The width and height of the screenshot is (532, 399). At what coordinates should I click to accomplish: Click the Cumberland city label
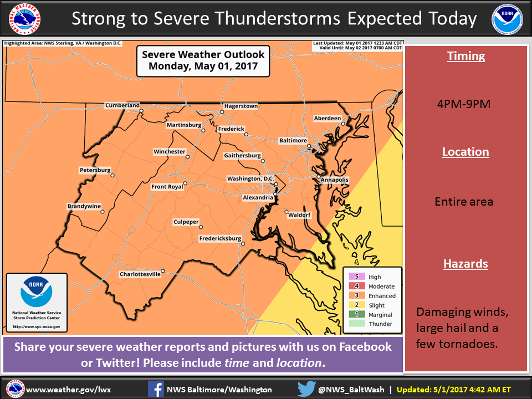coord(122,105)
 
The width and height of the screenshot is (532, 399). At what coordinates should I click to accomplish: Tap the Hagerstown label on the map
coord(241,106)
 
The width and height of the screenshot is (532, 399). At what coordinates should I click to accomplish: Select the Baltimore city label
coord(293,141)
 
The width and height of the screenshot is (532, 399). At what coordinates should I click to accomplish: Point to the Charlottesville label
coord(140,274)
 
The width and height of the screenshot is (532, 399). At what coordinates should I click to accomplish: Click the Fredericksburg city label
coord(220,239)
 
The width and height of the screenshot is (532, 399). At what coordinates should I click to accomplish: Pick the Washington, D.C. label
coord(250,178)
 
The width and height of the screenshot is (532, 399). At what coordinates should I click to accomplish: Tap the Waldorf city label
coord(299,214)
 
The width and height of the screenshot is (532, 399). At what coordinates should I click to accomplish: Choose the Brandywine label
coord(84,206)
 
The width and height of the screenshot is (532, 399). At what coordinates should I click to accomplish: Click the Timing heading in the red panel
coord(465,56)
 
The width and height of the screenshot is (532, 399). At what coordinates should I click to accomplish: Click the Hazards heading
coord(465,264)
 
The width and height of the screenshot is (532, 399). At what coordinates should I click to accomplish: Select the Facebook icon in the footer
coord(156,389)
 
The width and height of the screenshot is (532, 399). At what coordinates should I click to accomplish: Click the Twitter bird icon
coord(306,389)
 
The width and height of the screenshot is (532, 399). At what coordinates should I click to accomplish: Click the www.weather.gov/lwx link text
coord(68,390)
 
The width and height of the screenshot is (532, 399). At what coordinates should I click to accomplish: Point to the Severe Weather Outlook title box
coord(203,60)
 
